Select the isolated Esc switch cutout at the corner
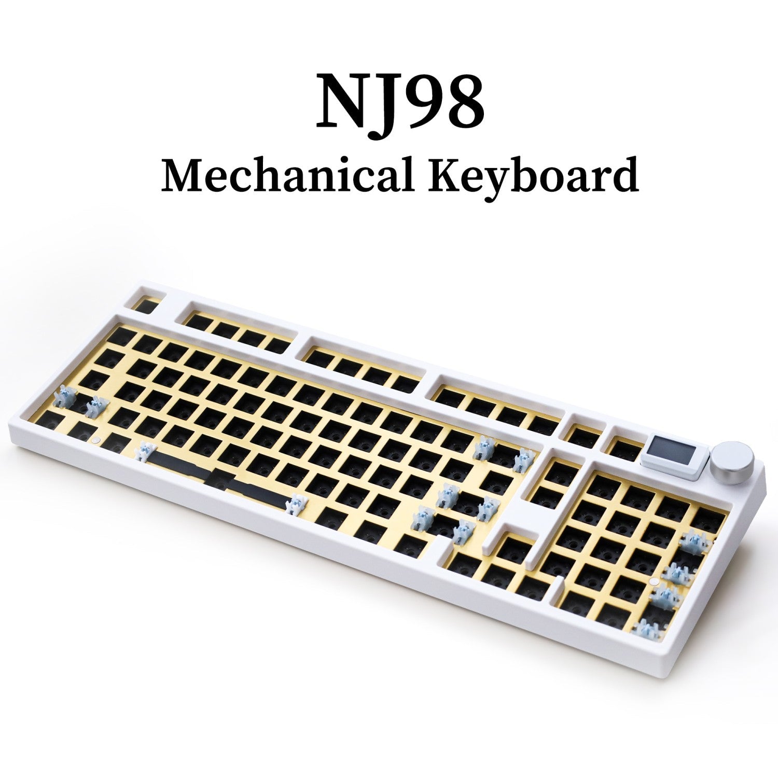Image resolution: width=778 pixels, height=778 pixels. click(146, 305)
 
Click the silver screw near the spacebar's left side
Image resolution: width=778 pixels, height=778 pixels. click(94, 439)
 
